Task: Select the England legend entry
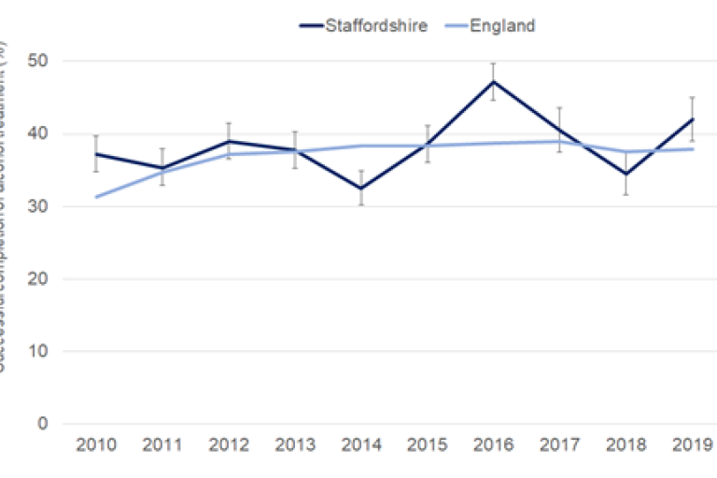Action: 502,25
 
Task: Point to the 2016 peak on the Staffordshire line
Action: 493,81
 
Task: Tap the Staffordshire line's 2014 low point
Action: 361,189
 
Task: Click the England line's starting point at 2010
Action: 96,197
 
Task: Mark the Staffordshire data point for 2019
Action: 692,119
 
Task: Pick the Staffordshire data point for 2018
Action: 626,174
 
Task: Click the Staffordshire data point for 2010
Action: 96,154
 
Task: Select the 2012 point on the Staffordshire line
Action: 229,141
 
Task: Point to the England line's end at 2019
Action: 692,149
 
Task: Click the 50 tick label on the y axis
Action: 41,61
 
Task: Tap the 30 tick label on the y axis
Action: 41,206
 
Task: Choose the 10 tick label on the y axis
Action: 41,351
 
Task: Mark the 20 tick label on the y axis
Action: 41,279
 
